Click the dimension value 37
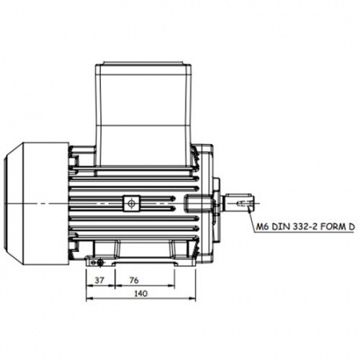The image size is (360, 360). [x=99, y=280]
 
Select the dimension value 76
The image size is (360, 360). [x=134, y=280]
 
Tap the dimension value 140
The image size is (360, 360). [x=141, y=294]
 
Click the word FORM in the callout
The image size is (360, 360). [x=331, y=227]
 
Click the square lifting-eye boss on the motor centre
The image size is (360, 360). [x=131, y=204]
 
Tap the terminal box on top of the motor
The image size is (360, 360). [x=143, y=114]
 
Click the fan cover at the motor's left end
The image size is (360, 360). [x=37, y=204]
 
